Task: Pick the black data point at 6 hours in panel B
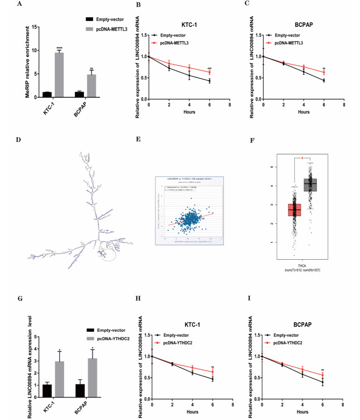click(209, 81)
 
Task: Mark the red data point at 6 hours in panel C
click(323, 72)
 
